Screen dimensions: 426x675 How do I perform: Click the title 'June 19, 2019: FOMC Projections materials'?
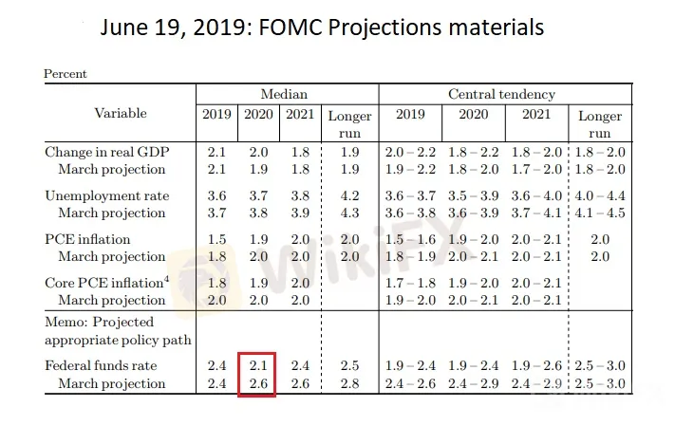pyautogui.click(x=323, y=28)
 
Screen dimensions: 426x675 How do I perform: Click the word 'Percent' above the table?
pyautogui.click(x=66, y=74)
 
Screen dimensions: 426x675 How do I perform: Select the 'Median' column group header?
pyautogui.click(x=285, y=94)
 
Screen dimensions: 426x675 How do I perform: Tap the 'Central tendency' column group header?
pyautogui.click(x=501, y=94)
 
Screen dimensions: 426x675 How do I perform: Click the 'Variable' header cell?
pyautogui.click(x=121, y=114)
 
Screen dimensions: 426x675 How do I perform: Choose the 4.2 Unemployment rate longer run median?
pyautogui.click(x=350, y=195)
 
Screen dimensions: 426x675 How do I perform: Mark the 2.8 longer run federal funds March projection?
pyautogui.click(x=350, y=384)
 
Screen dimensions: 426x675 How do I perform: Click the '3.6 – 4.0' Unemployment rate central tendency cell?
pyautogui.click(x=536, y=195)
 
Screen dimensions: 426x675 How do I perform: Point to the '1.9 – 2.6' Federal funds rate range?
pyautogui.click(x=536, y=366)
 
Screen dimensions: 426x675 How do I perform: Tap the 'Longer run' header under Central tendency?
pyautogui.click(x=600, y=124)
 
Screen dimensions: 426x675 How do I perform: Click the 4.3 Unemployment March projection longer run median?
pyautogui.click(x=350, y=213)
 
